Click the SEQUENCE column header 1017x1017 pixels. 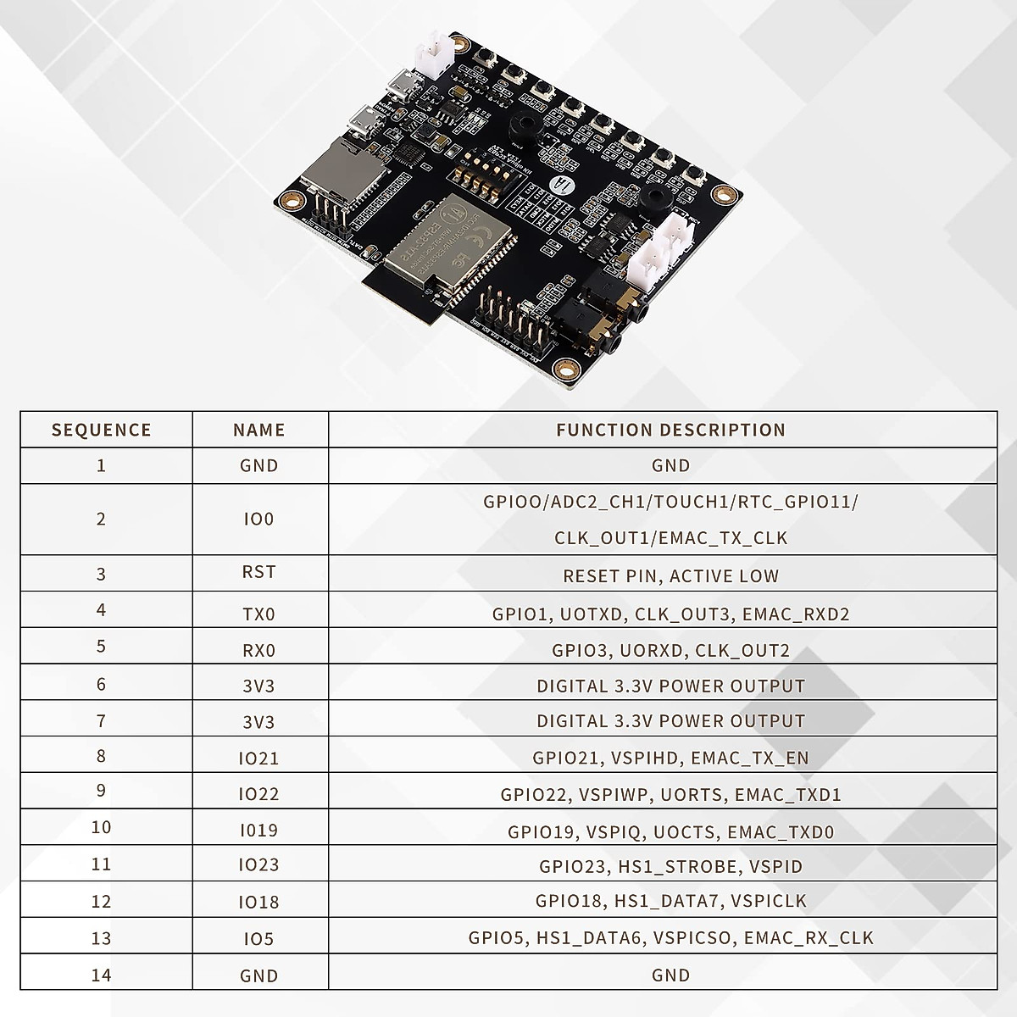pos(101,430)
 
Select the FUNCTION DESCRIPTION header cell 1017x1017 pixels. pos(670,430)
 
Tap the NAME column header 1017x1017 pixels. pos(258,430)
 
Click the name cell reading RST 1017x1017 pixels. pos(258,572)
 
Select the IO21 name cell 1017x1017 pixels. pos(258,758)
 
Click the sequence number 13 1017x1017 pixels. pos(101,937)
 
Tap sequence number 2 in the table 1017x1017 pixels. pos(101,519)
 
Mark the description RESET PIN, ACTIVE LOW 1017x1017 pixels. pos(670,576)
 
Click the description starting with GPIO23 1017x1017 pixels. pos(670,866)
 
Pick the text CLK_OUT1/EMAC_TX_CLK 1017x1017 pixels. pos(670,538)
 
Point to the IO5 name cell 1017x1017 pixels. pos(258,938)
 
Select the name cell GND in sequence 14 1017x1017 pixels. pos(258,975)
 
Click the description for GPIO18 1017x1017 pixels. pos(670,901)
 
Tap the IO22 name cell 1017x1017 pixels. pos(258,794)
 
